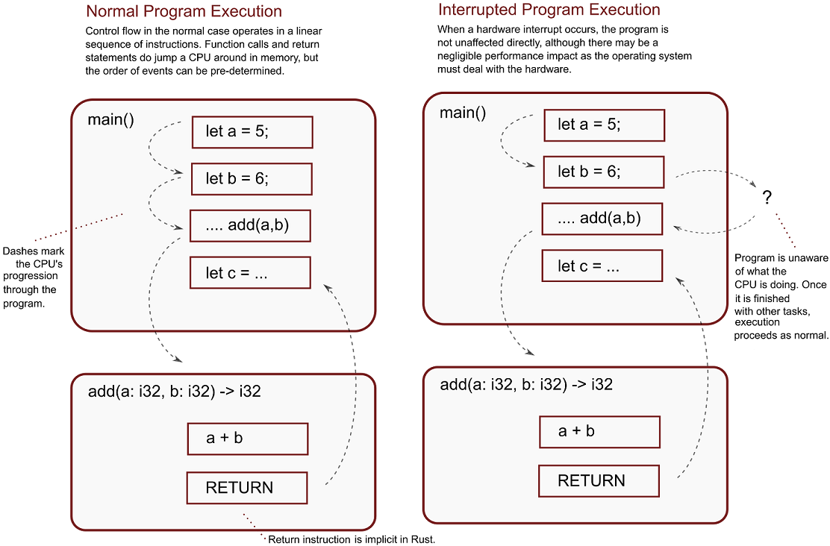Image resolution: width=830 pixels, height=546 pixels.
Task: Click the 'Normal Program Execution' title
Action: coord(184,11)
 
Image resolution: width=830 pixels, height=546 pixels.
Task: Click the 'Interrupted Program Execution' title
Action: coord(549,10)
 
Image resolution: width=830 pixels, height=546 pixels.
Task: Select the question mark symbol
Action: coord(767,198)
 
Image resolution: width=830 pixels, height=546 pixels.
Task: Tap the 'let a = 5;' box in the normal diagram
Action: coord(252,132)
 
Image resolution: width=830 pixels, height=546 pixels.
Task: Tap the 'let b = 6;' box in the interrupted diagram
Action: coord(604,172)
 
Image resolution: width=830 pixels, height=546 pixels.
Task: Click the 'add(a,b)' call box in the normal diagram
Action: coord(250,226)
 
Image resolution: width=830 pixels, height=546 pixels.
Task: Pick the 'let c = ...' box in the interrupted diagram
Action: coord(602,266)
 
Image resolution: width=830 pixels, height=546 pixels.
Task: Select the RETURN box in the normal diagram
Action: coord(247,488)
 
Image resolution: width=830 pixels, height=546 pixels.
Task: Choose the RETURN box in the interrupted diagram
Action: coord(599,481)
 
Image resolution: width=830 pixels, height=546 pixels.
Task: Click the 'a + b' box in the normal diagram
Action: coord(248,439)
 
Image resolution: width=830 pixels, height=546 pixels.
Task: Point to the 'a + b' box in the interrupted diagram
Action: coord(600,432)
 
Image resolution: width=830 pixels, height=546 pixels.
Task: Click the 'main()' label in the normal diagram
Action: coord(110,119)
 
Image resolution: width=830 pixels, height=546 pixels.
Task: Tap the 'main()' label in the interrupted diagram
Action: coord(463,113)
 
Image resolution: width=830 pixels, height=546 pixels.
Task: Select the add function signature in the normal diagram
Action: coord(175,392)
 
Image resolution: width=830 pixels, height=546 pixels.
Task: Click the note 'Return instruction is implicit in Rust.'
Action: coord(352,539)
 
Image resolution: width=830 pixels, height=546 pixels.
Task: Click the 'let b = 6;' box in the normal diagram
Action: coord(252,179)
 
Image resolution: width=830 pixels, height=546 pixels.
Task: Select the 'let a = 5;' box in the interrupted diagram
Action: coord(605,125)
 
